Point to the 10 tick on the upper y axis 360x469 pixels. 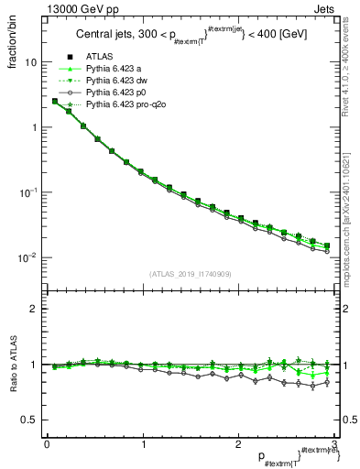30,63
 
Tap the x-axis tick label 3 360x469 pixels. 334,444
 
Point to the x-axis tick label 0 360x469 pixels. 46,444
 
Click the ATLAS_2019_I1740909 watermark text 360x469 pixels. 189,274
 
